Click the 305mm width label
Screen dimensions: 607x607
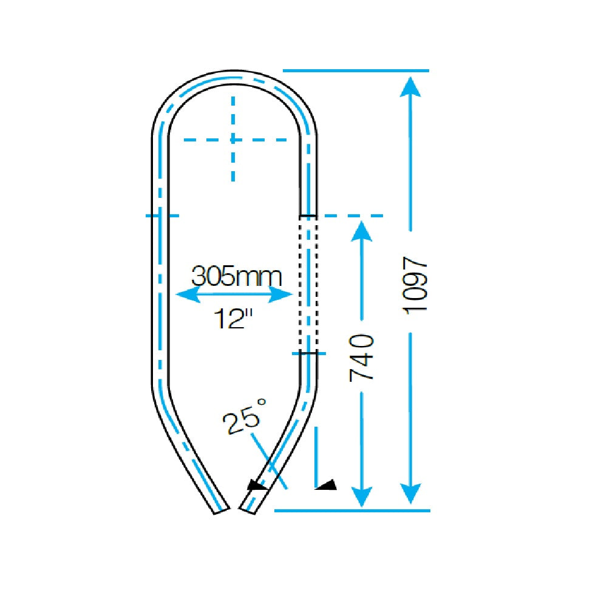237,276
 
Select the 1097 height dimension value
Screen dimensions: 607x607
416,284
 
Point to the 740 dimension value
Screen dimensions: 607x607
363,358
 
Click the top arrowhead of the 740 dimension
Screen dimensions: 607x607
362,230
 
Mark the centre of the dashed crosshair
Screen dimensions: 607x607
232,140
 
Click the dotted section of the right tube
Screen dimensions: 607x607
308,284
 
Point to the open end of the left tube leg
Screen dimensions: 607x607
222,510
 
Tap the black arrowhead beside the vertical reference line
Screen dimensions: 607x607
328,484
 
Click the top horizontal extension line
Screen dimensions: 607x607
356,70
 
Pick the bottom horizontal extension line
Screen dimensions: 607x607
352,510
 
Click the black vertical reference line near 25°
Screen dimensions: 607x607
316,455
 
